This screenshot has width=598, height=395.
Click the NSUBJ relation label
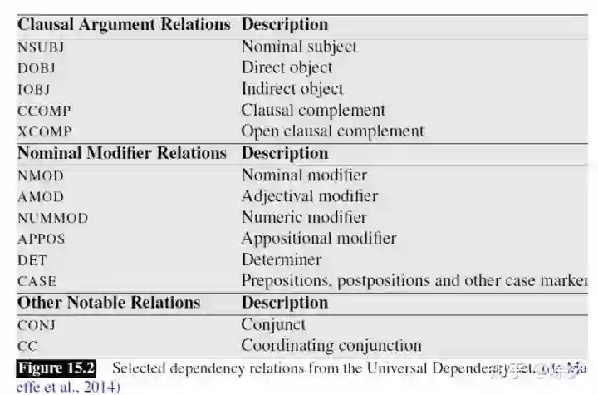click(x=41, y=47)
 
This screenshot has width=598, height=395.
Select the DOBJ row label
click(x=37, y=68)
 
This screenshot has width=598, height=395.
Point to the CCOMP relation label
click(x=42, y=111)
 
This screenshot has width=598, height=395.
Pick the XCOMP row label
click(x=44, y=131)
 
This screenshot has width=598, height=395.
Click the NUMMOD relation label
click(x=52, y=218)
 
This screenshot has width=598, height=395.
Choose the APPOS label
click(x=41, y=239)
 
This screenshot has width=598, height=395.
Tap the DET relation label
click(x=32, y=260)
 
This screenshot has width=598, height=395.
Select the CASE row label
click(x=37, y=281)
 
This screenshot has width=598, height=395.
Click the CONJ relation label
click(x=37, y=325)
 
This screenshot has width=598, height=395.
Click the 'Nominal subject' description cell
click(x=298, y=47)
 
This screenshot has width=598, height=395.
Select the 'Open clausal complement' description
click(x=332, y=131)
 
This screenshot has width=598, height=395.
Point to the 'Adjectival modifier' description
click(x=309, y=196)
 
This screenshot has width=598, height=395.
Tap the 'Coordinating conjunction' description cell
click(x=331, y=345)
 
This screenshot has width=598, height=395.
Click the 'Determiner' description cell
click(x=281, y=259)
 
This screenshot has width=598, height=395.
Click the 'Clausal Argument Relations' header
click(x=124, y=24)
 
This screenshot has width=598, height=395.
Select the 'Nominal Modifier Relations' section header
click(x=122, y=153)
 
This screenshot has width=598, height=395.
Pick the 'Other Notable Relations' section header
click(x=109, y=303)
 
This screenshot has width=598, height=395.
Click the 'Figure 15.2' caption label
click(x=56, y=368)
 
